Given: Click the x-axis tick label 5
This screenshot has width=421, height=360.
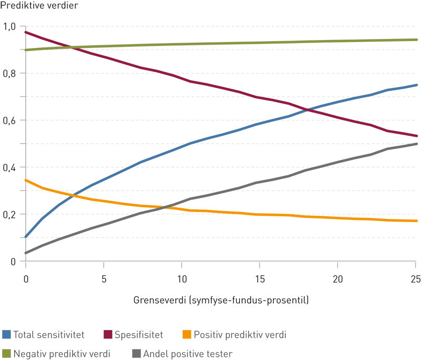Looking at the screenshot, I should point(104,278).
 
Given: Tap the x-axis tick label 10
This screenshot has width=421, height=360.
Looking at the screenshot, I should point(182,278).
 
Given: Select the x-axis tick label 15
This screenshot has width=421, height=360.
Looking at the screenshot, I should point(259,278).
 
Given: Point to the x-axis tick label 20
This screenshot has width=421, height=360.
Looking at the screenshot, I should point(337,278).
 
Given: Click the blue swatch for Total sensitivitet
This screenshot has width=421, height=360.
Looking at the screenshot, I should point(7,334).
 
